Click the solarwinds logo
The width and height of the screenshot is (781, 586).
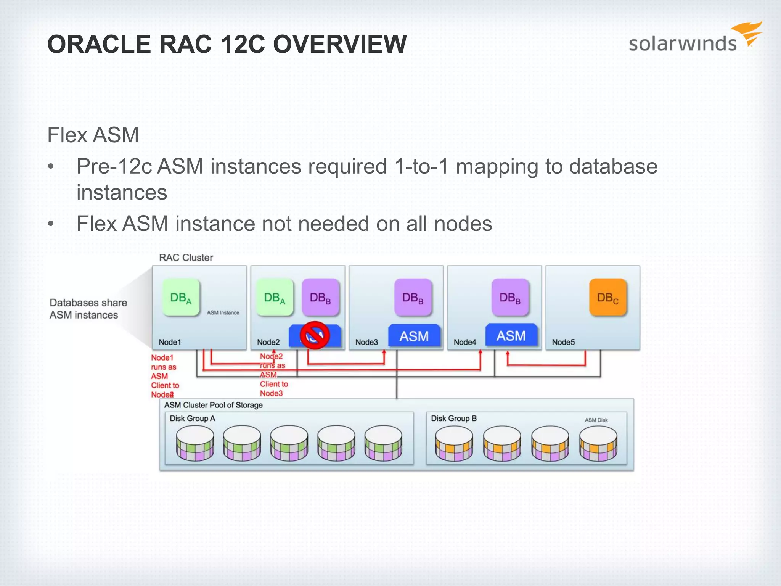tap(694, 40)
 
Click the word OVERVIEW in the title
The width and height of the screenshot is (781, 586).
tap(340, 44)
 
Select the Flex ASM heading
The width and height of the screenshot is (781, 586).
tap(93, 135)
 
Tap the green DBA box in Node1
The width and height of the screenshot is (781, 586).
tap(181, 298)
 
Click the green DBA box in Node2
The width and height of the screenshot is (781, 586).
tap(275, 298)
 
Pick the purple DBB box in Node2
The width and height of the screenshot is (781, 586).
tap(320, 298)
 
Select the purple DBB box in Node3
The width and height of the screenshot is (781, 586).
tap(413, 298)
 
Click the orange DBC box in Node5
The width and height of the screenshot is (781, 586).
tap(608, 298)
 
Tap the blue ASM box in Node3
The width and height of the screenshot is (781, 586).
tap(414, 336)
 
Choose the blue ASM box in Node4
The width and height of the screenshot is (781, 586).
tap(511, 335)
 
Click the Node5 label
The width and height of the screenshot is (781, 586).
tap(563, 342)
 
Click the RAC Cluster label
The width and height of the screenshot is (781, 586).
tap(186, 258)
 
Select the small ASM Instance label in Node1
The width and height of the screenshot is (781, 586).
tap(223, 312)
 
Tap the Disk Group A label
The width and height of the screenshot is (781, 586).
tap(192, 419)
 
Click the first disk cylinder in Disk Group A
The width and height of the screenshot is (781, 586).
tap(195, 443)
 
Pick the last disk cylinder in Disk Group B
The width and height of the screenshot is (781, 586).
tap(598, 443)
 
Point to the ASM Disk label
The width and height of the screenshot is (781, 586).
tap(596, 420)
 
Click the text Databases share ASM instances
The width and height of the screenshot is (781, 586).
tap(88, 309)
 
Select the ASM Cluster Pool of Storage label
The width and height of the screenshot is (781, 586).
tap(213, 405)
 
